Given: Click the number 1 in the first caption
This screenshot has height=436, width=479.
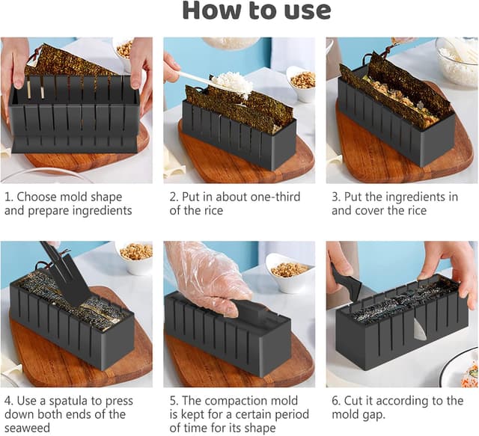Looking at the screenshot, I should click(8, 197).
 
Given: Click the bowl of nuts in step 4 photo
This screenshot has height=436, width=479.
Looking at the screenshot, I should click(135, 253).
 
